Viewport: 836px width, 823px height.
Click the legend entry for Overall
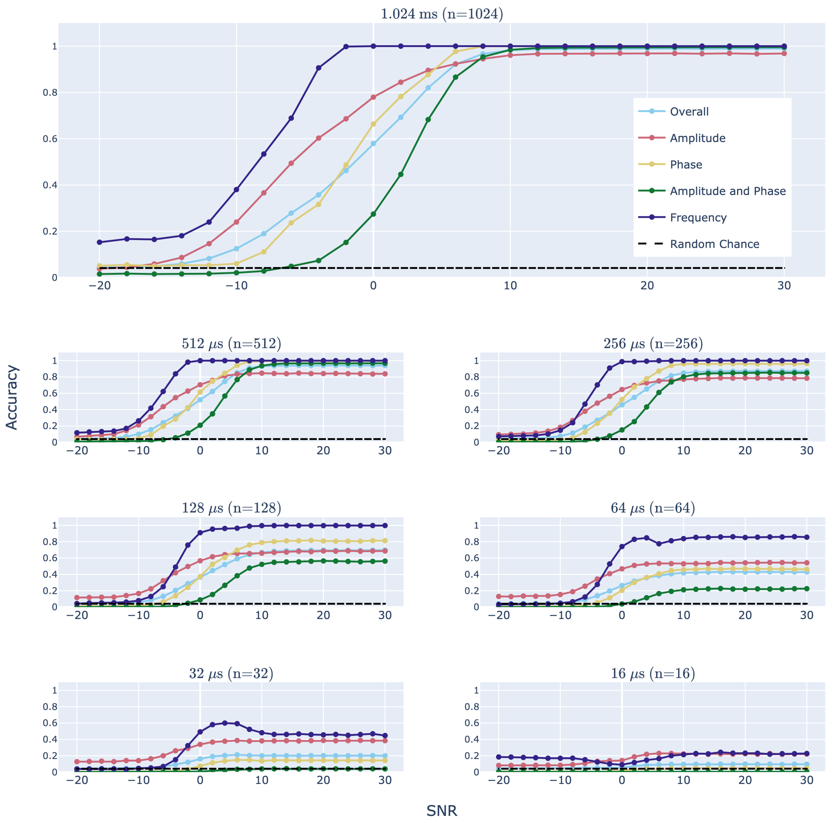tap(689, 112)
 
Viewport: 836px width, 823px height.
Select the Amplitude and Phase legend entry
tap(727, 191)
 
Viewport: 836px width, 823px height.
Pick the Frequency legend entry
tap(698, 217)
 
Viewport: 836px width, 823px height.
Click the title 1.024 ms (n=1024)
tap(442, 14)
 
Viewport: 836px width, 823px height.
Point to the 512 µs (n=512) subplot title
tap(231, 344)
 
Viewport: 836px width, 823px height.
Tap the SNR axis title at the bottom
tap(442, 810)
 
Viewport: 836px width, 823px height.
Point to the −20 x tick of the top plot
tap(99, 286)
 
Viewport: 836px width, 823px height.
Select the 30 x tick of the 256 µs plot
tap(806, 450)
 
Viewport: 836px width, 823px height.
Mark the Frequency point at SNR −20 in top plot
tap(99, 242)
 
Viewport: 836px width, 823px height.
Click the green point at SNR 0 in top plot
tap(373, 214)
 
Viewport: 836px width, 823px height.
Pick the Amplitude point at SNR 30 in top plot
tap(784, 54)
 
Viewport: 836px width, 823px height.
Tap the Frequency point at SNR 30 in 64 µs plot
tap(806, 537)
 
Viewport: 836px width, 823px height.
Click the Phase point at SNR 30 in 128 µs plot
tap(385, 541)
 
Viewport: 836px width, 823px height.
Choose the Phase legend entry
tap(686, 165)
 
